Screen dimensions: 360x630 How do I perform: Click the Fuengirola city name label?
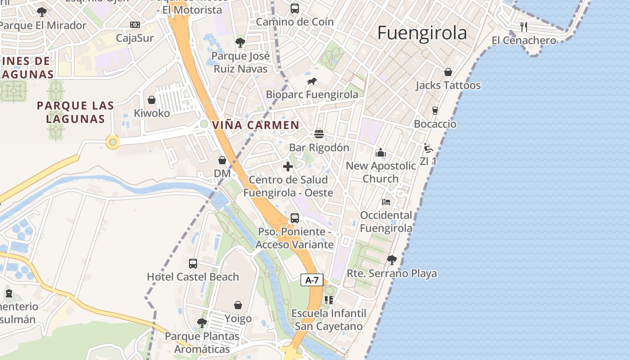point(422,33)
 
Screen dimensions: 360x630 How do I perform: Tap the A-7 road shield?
point(312,280)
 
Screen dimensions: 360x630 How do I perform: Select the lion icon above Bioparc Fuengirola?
point(312,81)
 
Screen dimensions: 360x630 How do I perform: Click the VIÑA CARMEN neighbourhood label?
point(256,125)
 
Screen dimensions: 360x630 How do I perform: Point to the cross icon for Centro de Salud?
point(288,166)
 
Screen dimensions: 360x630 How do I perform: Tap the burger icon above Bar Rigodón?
point(319,134)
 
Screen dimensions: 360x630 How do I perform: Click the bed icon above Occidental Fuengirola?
point(386,202)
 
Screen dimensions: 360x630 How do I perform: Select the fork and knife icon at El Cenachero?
point(523,27)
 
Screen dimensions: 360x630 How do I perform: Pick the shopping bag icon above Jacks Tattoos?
point(448,72)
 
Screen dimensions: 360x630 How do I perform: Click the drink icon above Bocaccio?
point(435,111)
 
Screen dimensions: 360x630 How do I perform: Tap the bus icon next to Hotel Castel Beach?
point(193,264)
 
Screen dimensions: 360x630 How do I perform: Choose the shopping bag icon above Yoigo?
point(238,306)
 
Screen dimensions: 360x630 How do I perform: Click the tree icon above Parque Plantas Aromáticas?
point(202,323)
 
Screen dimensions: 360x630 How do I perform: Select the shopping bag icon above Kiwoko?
point(152,100)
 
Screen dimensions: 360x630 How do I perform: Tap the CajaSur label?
point(135,38)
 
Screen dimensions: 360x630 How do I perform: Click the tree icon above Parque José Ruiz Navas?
point(240,43)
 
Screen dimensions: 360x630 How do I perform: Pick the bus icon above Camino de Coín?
point(295,9)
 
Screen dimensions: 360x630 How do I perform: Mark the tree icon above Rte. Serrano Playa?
point(392,260)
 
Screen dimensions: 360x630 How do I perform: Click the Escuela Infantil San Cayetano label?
point(329,319)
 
